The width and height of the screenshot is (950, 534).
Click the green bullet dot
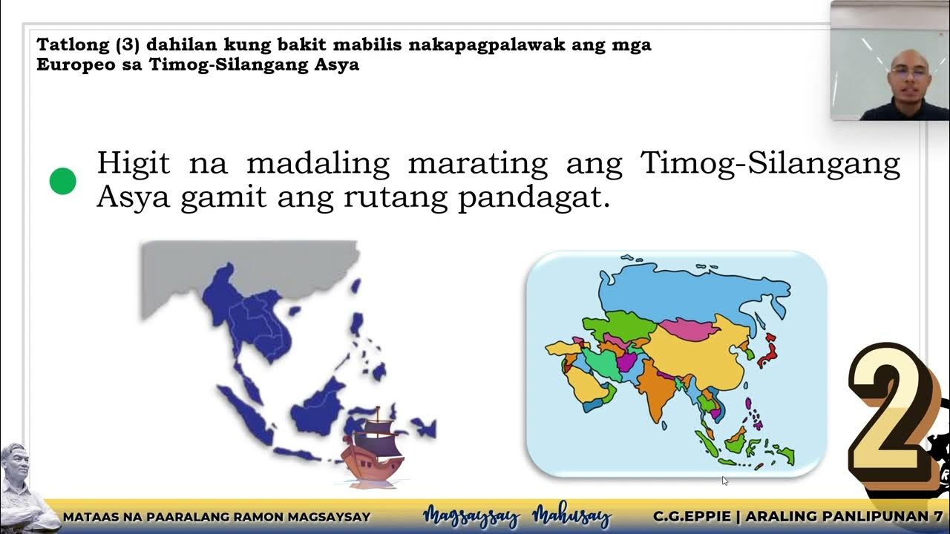tap(63, 181)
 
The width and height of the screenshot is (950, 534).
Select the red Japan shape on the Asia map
tap(767, 349)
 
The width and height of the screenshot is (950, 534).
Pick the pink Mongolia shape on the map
tap(686, 328)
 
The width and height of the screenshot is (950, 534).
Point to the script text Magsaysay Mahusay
tap(517, 516)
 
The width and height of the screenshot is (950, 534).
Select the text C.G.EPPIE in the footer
tap(694, 516)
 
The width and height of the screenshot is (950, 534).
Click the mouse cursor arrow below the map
tap(724, 481)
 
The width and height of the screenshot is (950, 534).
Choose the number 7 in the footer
tap(938, 516)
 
